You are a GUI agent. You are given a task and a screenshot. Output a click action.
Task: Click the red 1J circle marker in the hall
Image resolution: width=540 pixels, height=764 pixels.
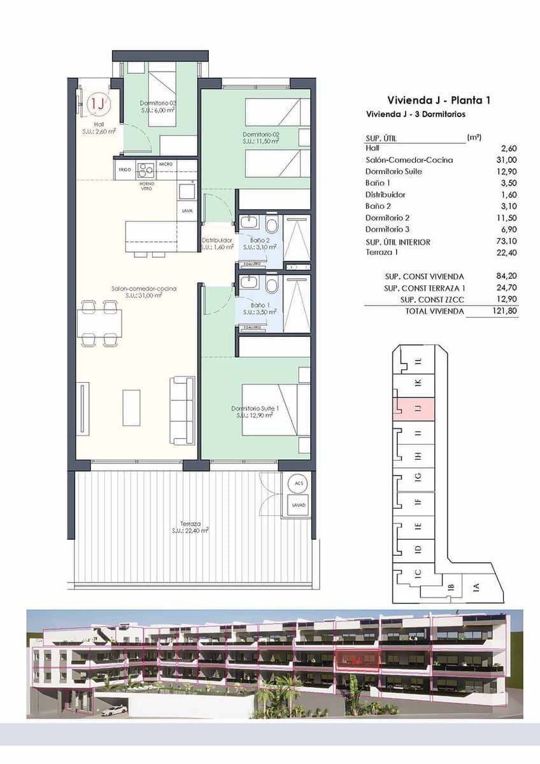pyautogui.click(x=97, y=103)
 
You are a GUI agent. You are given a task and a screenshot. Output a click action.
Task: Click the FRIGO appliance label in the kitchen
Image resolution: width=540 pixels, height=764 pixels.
pyautogui.click(x=125, y=169)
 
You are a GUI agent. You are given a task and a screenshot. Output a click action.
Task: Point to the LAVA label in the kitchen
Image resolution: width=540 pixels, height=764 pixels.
pyautogui.click(x=187, y=211)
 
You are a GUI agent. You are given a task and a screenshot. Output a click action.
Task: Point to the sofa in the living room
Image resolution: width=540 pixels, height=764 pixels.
pyautogui.click(x=182, y=411)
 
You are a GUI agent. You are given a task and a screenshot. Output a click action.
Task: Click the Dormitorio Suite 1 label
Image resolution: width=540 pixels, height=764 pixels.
pyautogui.click(x=252, y=411)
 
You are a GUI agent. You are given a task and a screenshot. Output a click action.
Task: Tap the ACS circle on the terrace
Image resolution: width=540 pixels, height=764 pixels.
pyautogui.click(x=299, y=483)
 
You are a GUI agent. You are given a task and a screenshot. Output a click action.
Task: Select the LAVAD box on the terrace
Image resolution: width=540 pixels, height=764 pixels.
pyautogui.click(x=299, y=505)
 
